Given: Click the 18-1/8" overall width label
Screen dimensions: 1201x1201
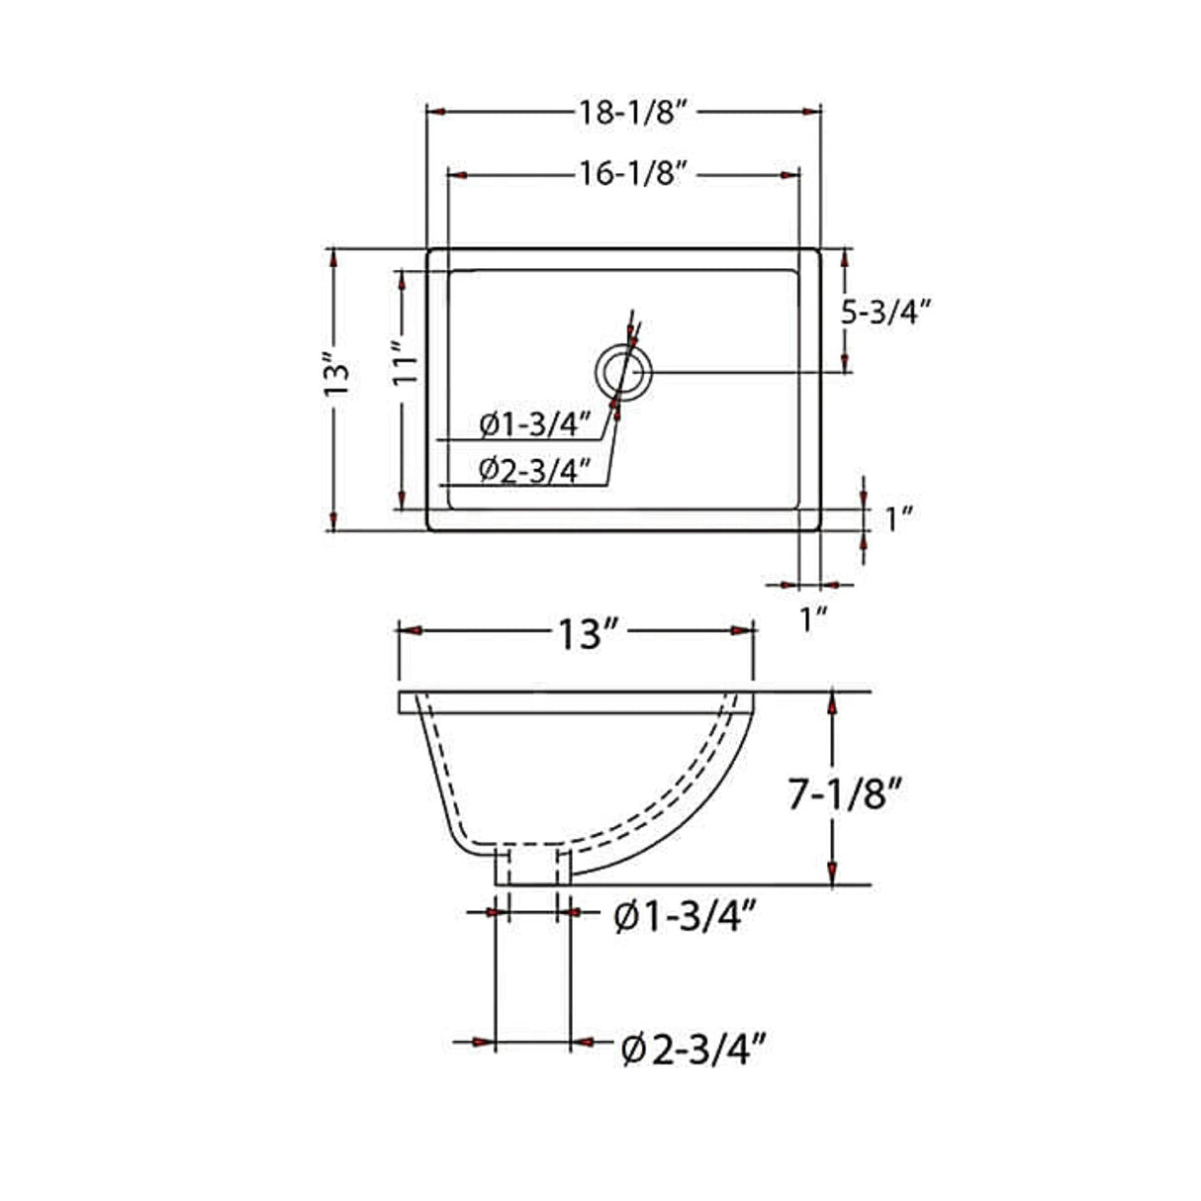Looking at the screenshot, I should pos(633,112).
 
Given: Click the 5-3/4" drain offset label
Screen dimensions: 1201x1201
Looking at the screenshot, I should pos(886,312).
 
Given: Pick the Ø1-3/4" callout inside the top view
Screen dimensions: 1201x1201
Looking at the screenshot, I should pos(534,425).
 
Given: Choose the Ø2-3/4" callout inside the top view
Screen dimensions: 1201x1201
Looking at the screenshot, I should pos(534,469).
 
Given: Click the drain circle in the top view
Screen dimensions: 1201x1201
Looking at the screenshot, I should pos(624,373).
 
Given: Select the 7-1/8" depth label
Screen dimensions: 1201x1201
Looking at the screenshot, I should pos(847,795).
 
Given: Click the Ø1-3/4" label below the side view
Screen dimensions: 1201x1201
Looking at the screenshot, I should pos(686,917).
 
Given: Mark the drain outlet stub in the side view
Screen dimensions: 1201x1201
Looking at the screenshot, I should pos(532,866).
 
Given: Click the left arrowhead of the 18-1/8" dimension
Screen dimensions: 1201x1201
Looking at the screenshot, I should pos(435,112).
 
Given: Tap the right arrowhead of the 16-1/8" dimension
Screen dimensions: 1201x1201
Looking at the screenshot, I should pos(790,174).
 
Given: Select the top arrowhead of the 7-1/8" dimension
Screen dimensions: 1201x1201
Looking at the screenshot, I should pos(833,703).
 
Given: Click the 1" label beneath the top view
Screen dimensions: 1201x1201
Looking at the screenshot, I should pos(813,620).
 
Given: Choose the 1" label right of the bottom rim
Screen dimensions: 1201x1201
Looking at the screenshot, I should pos(897,518).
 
